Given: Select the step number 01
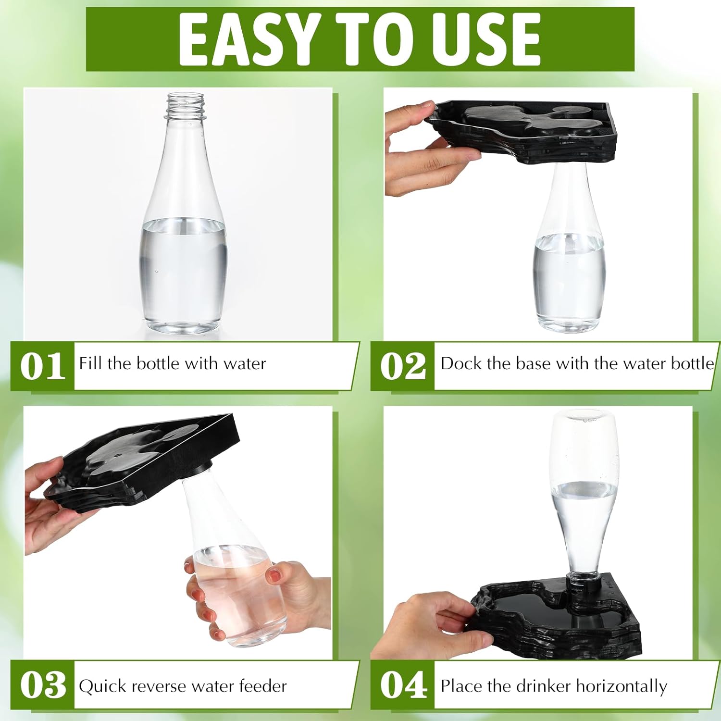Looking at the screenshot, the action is (43, 366).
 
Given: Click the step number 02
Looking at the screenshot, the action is (403, 366).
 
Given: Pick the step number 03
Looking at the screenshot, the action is (43, 685).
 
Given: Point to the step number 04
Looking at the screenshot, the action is (403, 685).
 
